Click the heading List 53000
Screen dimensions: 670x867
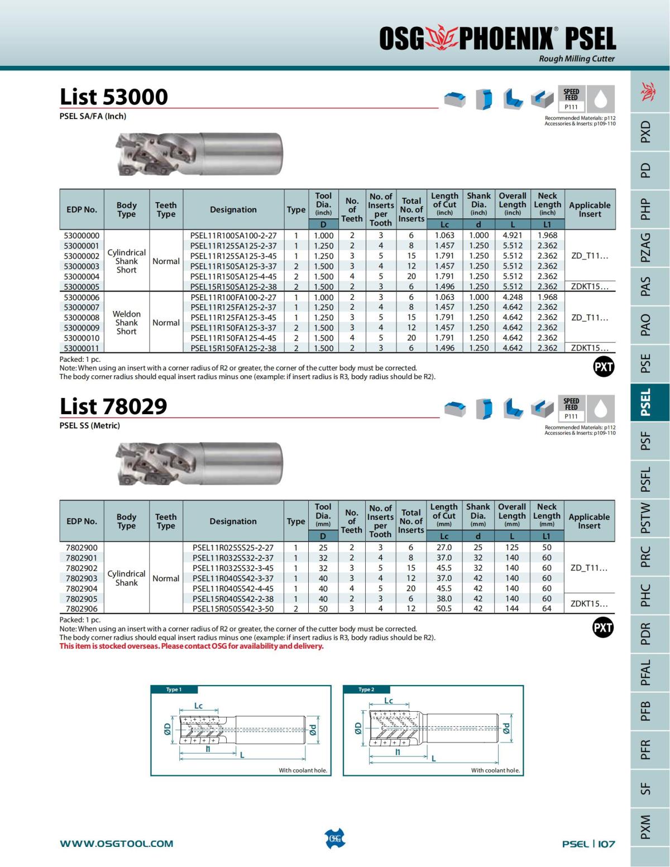coord(114,97)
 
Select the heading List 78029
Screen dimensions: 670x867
coord(113,406)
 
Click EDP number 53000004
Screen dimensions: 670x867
coord(82,276)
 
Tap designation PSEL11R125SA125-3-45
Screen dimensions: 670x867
coord(233,256)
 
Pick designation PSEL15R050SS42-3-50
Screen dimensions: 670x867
coord(233,609)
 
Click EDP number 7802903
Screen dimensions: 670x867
coord(82,578)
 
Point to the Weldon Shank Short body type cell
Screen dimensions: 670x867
coord(127,323)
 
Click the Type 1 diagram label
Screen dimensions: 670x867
coord(174,689)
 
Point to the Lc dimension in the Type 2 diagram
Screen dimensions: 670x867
coord(389,701)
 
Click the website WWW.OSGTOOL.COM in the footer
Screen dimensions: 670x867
coord(117,844)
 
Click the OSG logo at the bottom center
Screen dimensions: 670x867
coord(334,839)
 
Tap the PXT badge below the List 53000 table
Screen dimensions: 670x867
coord(604,367)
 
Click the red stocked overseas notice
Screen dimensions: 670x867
coord(192,646)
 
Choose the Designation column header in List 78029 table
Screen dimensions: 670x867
coord(233,521)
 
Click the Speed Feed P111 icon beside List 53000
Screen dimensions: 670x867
coord(571,99)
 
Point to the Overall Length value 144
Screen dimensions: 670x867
coord(512,609)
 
